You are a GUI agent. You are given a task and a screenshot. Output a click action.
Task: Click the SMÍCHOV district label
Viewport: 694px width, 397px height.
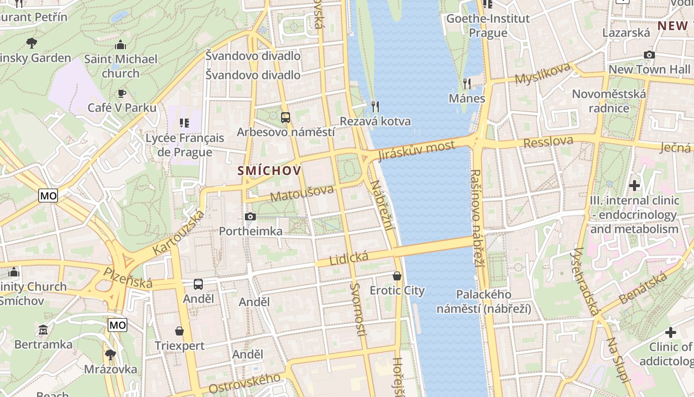(x=269, y=171)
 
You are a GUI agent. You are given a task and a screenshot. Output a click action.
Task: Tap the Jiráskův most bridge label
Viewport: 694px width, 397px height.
(x=416, y=150)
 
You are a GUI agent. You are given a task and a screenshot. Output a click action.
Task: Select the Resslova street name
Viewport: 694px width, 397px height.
(x=548, y=142)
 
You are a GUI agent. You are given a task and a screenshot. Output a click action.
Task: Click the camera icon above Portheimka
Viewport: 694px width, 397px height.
(x=250, y=216)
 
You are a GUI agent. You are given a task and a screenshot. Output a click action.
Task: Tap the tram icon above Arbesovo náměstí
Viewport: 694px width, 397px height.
(x=286, y=118)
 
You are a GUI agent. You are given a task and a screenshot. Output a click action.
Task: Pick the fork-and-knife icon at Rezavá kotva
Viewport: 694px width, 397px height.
(x=375, y=106)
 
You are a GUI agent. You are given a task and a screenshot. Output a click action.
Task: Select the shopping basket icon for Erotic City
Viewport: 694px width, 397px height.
(x=397, y=275)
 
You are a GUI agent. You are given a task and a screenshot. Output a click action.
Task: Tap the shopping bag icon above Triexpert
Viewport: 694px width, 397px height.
(x=179, y=331)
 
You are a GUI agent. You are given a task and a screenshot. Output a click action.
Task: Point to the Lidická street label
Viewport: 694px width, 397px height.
(x=349, y=258)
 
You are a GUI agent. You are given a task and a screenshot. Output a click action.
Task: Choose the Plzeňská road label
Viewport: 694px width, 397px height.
(x=128, y=278)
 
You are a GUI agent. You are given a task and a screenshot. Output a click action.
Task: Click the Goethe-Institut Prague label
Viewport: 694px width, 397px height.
(x=488, y=26)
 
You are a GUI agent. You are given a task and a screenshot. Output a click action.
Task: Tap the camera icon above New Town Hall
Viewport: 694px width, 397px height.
(x=649, y=55)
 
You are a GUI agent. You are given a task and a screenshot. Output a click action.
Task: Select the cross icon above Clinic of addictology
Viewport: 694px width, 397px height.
(x=671, y=332)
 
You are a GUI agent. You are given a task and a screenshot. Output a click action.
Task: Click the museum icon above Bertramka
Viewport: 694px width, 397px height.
(x=43, y=330)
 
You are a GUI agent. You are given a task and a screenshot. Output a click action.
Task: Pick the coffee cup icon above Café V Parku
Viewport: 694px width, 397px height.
(x=121, y=93)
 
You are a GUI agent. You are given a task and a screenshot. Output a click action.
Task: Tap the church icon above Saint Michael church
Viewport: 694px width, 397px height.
(x=120, y=45)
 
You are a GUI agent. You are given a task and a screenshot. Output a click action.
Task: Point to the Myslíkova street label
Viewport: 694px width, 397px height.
(x=542, y=74)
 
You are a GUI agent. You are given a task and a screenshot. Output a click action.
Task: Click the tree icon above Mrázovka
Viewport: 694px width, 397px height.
(x=110, y=354)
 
